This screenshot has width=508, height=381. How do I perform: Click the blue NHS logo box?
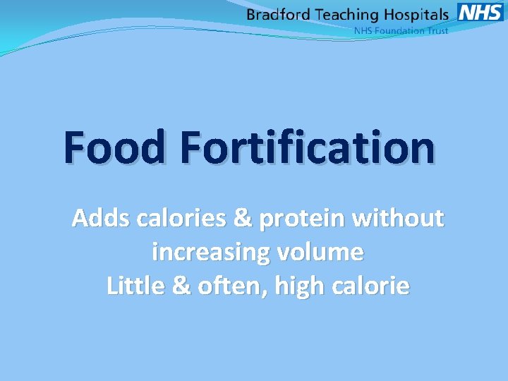[x=480, y=12]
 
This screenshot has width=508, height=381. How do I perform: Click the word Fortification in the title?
[x=307, y=147]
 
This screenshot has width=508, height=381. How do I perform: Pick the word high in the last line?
[x=285, y=286]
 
